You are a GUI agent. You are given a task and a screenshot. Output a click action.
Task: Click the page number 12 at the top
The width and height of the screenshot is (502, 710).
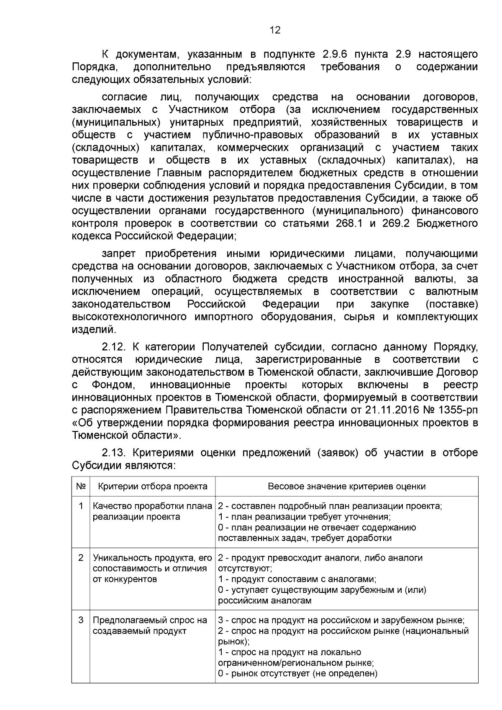(275, 30)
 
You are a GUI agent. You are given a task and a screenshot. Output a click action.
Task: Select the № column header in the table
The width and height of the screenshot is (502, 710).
(81, 486)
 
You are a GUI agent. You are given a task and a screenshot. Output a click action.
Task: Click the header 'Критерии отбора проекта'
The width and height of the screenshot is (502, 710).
(153, 486)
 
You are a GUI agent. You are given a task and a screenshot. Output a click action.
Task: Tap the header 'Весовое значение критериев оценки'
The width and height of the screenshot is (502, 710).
(346, 486)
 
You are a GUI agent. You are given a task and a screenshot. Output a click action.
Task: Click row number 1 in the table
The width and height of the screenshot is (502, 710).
(81, 506)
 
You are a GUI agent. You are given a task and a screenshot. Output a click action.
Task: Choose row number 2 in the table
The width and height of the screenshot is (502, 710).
(81, 558)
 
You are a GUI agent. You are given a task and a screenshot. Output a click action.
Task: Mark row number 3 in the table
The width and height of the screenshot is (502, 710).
(81, 620)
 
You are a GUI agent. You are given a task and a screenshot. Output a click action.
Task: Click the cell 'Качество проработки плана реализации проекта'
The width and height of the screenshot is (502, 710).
(152, 511)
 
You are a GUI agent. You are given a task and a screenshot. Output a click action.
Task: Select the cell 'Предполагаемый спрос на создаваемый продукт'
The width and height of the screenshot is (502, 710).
(150, 625)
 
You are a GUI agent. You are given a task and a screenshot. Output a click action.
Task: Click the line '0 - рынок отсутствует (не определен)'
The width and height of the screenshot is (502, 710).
(297, 673)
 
